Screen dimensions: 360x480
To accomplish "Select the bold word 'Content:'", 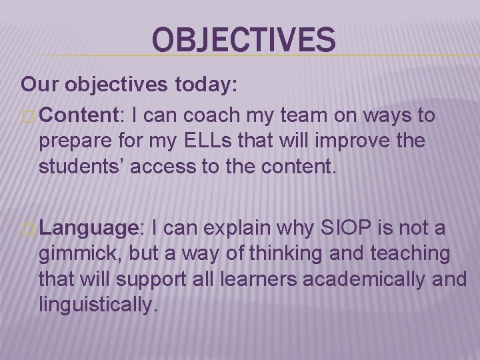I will click(x=77, y=115).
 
